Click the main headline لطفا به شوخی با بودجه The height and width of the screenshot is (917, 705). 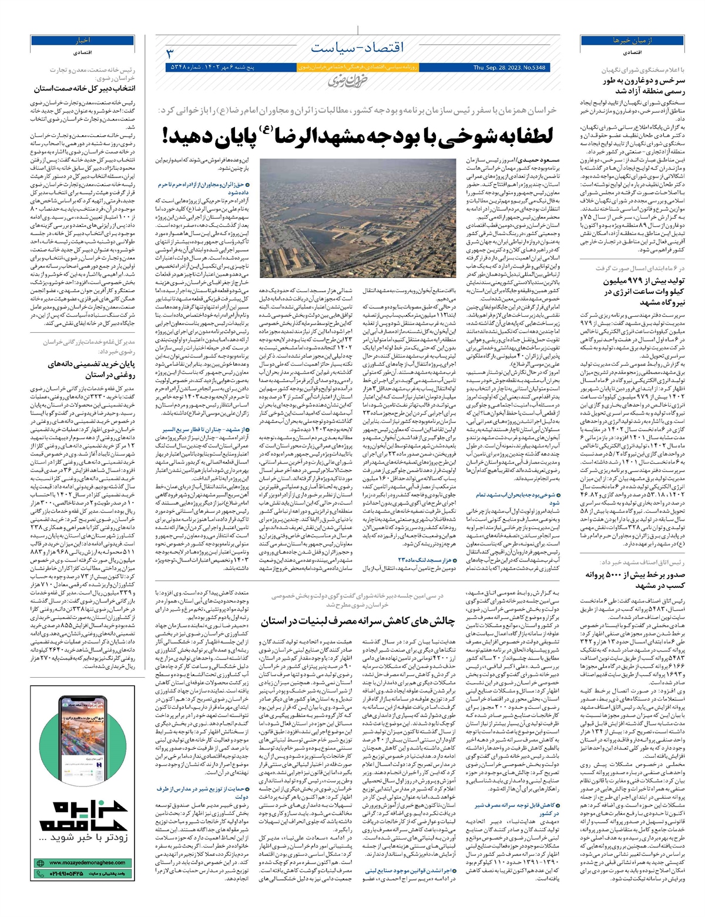pos(357,137)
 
